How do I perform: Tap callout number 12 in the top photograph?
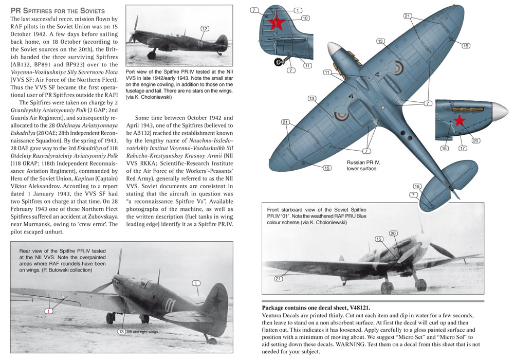click(205, 29)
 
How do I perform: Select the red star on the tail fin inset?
click(278, 22)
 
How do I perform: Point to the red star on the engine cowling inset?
click(460, 121)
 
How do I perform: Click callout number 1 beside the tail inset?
click(299, 10)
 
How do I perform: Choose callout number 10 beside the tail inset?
click(305, 19)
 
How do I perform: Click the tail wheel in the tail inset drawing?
click(280, 62)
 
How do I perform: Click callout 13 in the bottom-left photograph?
click(122, 331)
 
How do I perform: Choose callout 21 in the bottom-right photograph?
click(278, 279)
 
